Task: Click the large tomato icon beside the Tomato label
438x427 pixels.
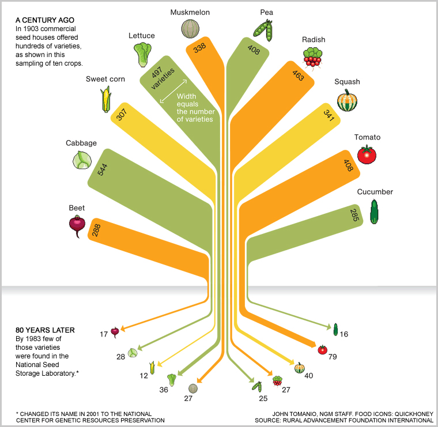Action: pyautogui.click(x=367, y=155)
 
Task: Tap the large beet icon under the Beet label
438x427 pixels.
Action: pyautogui.click(x=77, y=225)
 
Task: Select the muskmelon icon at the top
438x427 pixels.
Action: pyautogui.click(x=190, y=28)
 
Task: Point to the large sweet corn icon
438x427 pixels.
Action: pyautogui.click(x=105, y=99)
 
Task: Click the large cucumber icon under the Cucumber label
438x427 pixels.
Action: pyautogui.click(x=374, y=211)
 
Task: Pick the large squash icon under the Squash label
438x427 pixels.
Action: pyautogui.click(x=347, y=100)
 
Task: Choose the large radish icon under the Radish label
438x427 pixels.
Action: pyautogui.click(x=312, y=57)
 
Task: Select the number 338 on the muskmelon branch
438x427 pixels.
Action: pyautogui.click(x=199, y=49)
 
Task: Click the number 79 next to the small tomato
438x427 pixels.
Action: pyautogui.click(x=333, y=357)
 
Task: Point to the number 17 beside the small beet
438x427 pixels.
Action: pyautogui.click(x=104, y=334)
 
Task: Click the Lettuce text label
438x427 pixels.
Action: pyautogui.click(x=142, y=36)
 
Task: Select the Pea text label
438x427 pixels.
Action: pyautogui.click(x=266, y=12)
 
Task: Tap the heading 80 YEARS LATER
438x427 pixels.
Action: pyautogui.click(x=45, y=330)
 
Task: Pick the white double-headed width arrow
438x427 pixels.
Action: pyautogui.click(x=173, y=90)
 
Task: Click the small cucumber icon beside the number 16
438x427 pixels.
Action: pyautogui.click(x=335, y=330)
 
